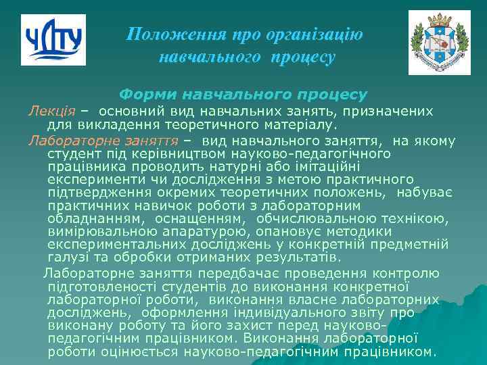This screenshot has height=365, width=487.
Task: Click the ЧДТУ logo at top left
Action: click(x=54, y=39)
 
